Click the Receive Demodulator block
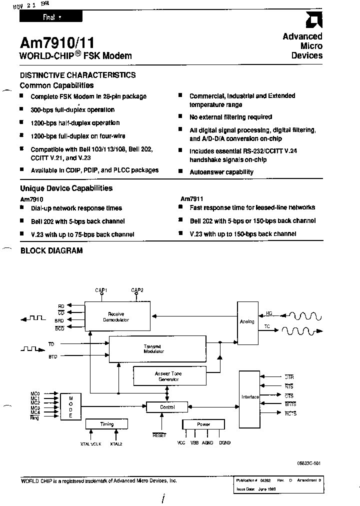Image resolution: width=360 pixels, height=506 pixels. pyautogui.click(x=117, y=316)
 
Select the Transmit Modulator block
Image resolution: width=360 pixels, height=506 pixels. pyautogui.click(x=157, y=348)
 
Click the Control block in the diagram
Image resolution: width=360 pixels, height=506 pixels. pyautogui.click(x=167, y=407)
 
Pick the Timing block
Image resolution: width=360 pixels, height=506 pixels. pyautogui.click(x=107, y=424)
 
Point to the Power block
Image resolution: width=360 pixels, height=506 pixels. pyautogui.click(x=203, y=424)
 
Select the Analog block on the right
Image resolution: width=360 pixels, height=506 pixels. pyautogui.click(x=247, y=321)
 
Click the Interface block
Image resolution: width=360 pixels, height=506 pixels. pyautogui.click(x=250, y=396)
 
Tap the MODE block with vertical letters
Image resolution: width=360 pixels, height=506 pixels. pyautogui.click(x=70, y=405)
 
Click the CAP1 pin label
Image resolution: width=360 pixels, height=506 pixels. pyautogui.click(x=101, y=290)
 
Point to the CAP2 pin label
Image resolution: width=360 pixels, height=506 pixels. pyautogui.click(x=137, y=290)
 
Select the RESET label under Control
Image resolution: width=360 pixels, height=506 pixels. pyautogui.click(x=159, y=435)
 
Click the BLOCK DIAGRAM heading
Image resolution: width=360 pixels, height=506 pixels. pyautogui.click(x=51, y=250)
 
